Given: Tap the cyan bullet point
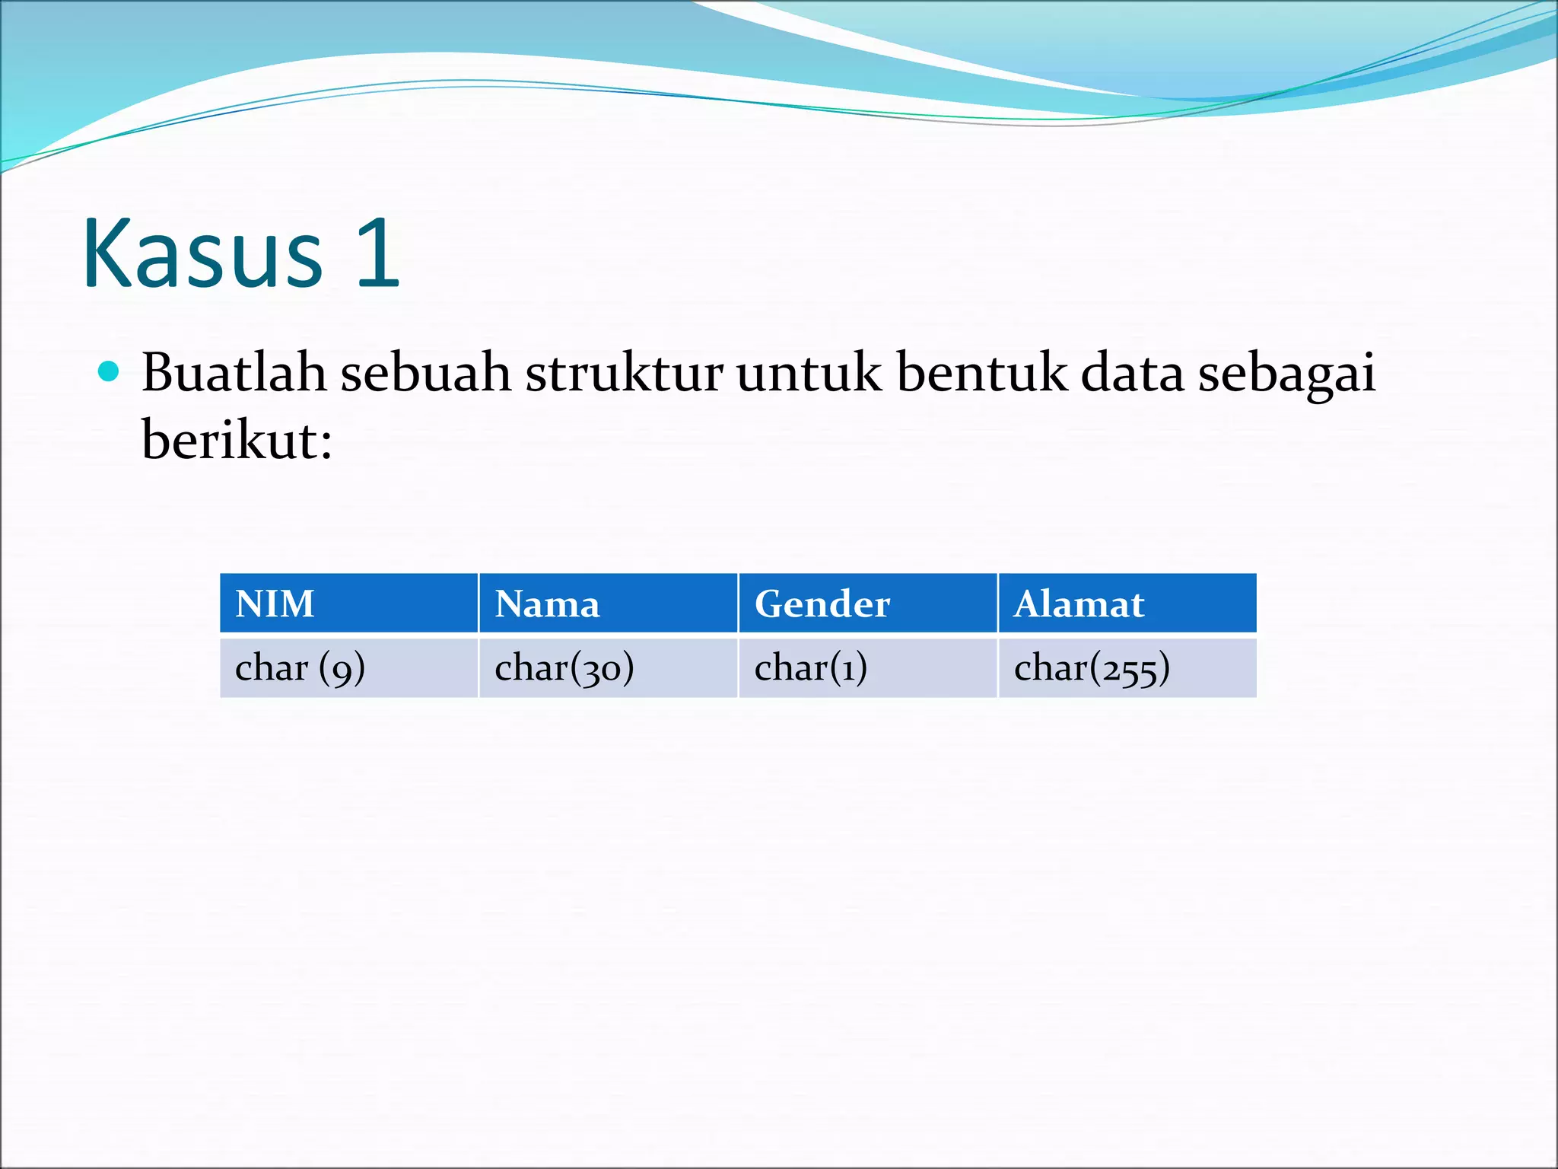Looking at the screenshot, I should point(110,372).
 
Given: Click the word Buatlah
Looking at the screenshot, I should point(234,373).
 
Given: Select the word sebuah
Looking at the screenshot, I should point(425,373).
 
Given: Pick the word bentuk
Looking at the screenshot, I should point(981,373).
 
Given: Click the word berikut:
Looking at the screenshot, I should point(237,440).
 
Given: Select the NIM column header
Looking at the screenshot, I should point(275,604).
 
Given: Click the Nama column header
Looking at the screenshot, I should point(547,604).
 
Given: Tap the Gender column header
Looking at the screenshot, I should point(822,604).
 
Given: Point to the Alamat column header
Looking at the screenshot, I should point(1079,604).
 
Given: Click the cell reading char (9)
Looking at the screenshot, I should point(300,668).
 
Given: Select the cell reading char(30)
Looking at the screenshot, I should point(564,668).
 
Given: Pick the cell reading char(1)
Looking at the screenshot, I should point(810,668).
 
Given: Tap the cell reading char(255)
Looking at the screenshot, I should point(1092,668).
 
